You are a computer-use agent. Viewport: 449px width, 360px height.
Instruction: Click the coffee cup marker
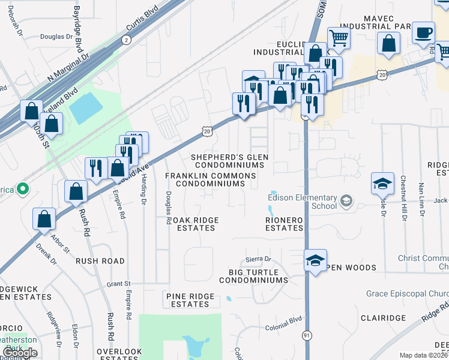point(423,32)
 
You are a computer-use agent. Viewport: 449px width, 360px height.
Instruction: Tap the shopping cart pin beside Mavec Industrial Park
point(339,38)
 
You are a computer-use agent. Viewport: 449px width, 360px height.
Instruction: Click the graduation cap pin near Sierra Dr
point(315,260)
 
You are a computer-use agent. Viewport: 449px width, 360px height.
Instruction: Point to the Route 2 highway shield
point(125,40)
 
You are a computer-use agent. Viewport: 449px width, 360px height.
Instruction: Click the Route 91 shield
point(307,337)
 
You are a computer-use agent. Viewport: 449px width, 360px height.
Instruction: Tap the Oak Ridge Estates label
point(191,224)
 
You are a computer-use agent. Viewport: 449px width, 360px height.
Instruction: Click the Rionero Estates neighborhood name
point(285,224)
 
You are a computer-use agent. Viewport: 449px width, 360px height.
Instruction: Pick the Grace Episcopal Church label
point(408,294)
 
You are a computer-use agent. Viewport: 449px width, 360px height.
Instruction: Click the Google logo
point(19,353)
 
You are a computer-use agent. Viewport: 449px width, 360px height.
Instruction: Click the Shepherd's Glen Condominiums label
point(230,161)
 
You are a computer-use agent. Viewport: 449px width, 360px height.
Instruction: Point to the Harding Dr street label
point(144,192)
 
